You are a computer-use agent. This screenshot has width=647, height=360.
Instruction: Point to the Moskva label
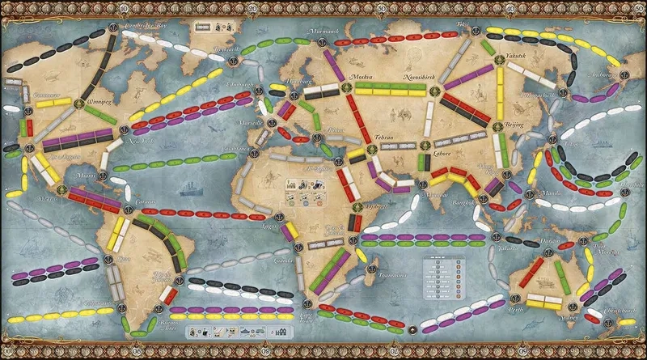359,76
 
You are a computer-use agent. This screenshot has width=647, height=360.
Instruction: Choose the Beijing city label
514,126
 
